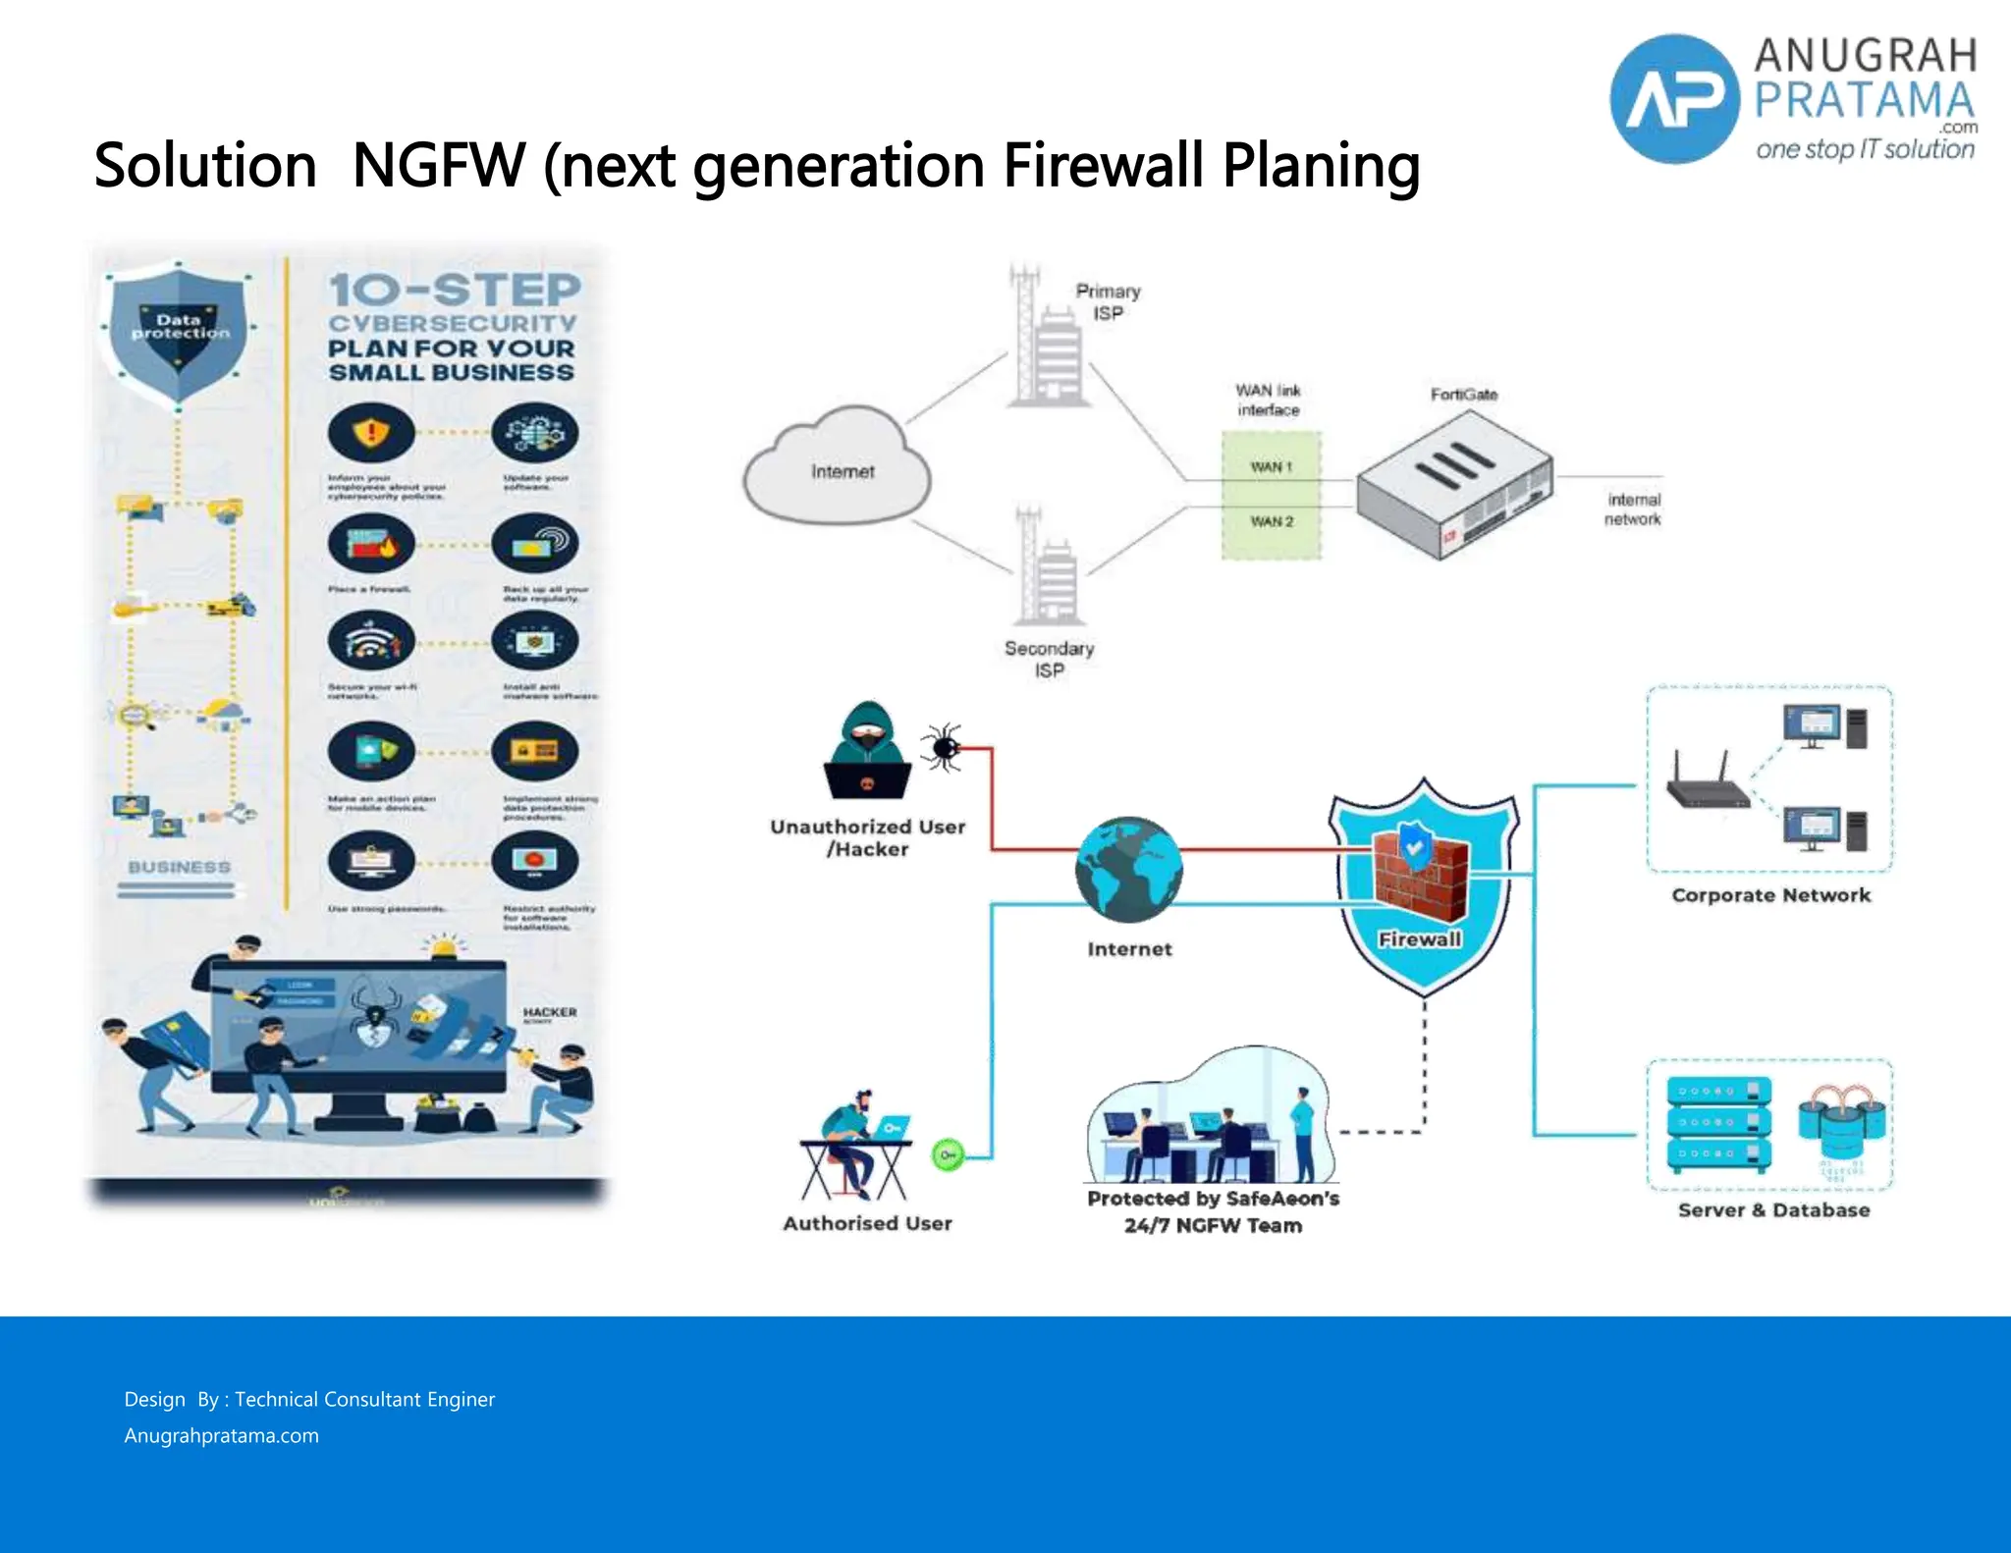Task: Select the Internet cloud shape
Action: (838, 469)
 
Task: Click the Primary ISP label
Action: (1108, 302)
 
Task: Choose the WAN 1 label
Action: (1271, 467)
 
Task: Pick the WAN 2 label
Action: (1272, 521)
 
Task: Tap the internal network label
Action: (1633, 509)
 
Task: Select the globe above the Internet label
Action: (1129, 870)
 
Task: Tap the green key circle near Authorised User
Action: (948, 1155)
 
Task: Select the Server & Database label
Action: (1773, 1210)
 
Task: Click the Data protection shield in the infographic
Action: (179, 332)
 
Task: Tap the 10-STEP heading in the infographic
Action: (455, 291)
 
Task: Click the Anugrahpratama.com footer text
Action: (221, 1436)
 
